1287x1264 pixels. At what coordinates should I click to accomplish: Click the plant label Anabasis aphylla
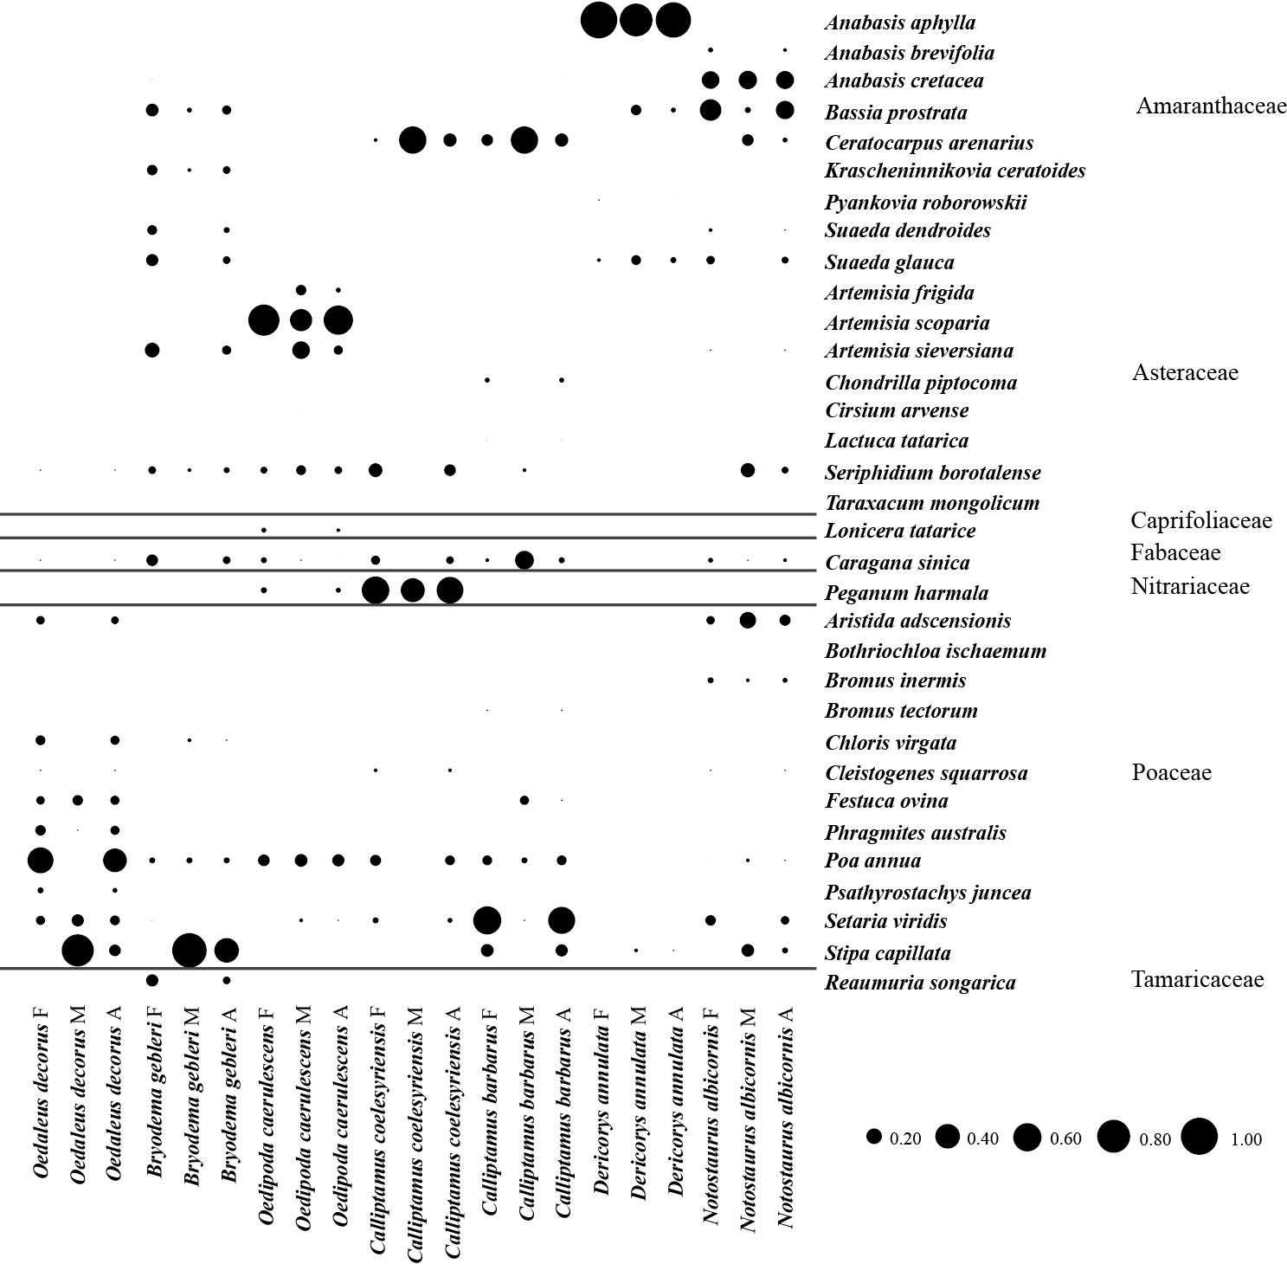(900, 23)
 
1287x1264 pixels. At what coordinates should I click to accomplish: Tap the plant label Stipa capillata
(887, 953)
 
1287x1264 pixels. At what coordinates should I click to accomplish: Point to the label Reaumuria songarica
(920, 983)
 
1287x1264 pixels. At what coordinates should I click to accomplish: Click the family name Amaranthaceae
(1212, 106)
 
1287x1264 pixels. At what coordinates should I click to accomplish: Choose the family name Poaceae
(1171, 772)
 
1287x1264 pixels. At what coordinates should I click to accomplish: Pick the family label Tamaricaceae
(1197, 979)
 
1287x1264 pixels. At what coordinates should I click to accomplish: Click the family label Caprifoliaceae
(1201, 519)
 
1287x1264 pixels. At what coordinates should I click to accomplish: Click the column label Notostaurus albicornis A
(785, 1117)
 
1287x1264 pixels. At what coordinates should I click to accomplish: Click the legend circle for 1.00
(1200, 1137)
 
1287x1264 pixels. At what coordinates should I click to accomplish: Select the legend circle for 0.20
(874, 1137)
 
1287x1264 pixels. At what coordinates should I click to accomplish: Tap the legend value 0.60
(1065, 1138)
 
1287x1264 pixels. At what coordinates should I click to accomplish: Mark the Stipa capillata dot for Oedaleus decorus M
(78, 951)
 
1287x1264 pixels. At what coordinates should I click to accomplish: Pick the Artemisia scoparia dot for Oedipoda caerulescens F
(264, 320)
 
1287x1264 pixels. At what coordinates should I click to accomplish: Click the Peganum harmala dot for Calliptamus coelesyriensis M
(413, 590)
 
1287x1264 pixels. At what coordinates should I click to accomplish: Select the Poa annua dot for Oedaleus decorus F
(41, 861)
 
